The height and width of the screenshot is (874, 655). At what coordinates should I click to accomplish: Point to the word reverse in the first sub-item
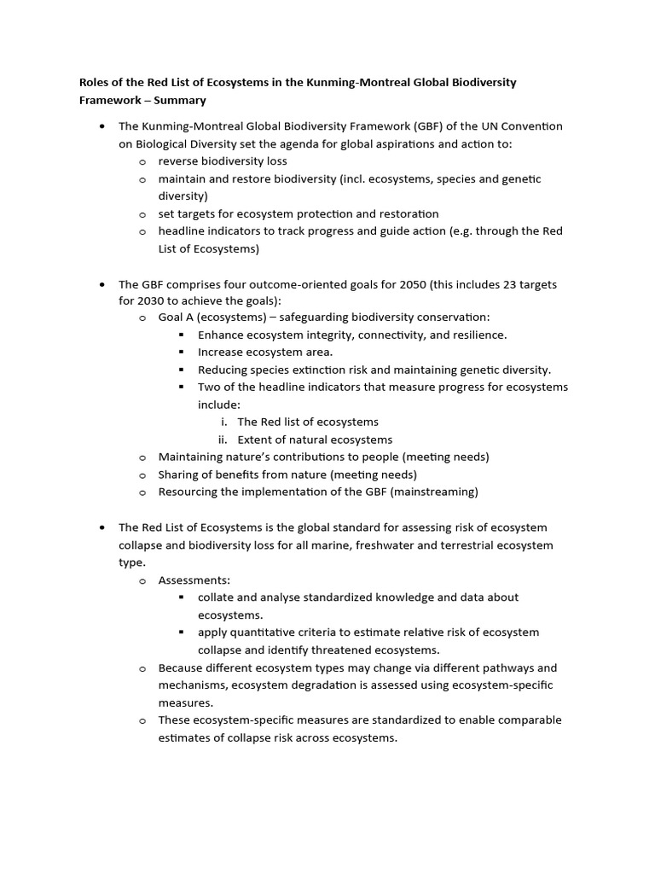tap(178, 160)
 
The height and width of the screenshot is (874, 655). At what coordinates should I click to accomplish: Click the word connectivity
tap(383, 335)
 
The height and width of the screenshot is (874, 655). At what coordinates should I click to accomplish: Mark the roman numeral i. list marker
tap(223, 422)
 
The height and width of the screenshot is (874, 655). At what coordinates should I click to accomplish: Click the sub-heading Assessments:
tap(194, 580)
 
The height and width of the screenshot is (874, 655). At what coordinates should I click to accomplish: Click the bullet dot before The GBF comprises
tap(102, 283)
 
